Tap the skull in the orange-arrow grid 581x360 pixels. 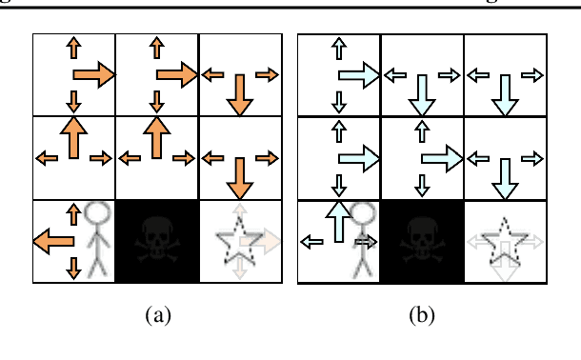click(x=156, y=242)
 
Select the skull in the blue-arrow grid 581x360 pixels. click(x=422, y=242)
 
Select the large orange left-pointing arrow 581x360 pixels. click(x=53, y=243)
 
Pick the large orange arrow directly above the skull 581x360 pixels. click(x=157, y=139)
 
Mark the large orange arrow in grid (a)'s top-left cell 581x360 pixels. click(x=93, y=74)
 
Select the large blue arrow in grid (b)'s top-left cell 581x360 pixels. click(x=359, y=75)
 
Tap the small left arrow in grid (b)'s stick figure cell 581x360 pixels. click(x=311, y=243)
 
